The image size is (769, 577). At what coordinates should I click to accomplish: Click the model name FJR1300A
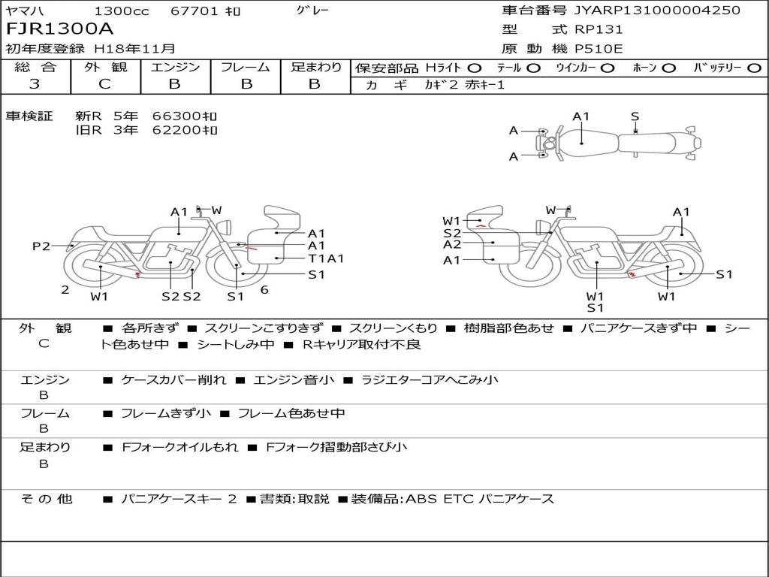[x=59, y=29]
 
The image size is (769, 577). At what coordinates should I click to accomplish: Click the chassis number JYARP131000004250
[x=657, y=10]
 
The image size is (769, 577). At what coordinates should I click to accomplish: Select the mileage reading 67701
[x=194, y=11]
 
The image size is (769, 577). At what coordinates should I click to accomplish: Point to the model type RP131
[x=599, y=29]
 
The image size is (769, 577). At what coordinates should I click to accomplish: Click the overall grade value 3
[x=35, y=84]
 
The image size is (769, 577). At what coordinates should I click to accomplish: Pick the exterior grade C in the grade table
[x=105, y=84]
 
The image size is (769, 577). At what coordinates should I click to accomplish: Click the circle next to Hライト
[x=475, y=68]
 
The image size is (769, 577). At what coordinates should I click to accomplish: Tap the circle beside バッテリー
[x=754, y=68]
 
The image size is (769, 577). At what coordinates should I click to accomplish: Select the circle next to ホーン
[x=669, y=68]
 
